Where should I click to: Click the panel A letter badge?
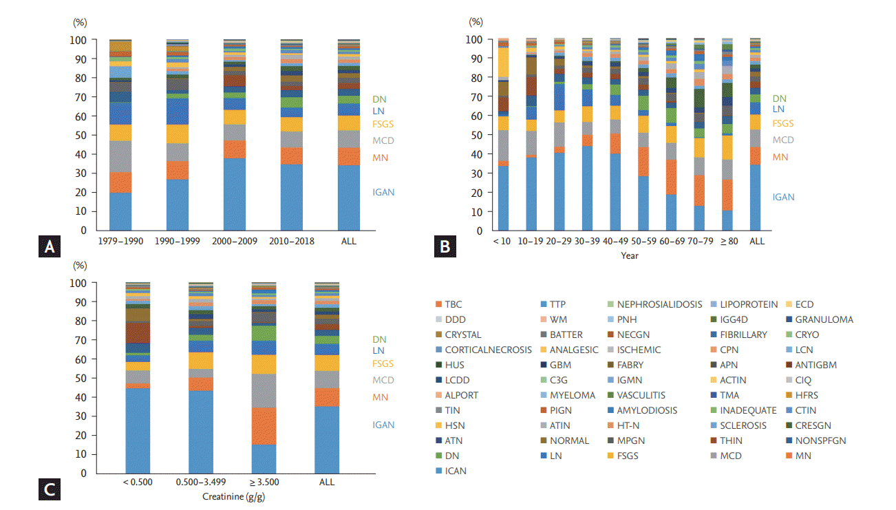click(49, 247)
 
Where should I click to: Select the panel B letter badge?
click(442, 247)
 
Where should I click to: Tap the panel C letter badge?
click(49, 489)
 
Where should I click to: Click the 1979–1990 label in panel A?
click(120, 241)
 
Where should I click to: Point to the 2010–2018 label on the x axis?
click(292, 241)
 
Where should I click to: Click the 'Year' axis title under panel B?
click(630, 255)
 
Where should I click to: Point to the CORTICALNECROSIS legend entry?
click(482, 350)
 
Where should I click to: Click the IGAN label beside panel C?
click(383, 425)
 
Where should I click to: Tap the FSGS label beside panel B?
click(782, 124)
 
